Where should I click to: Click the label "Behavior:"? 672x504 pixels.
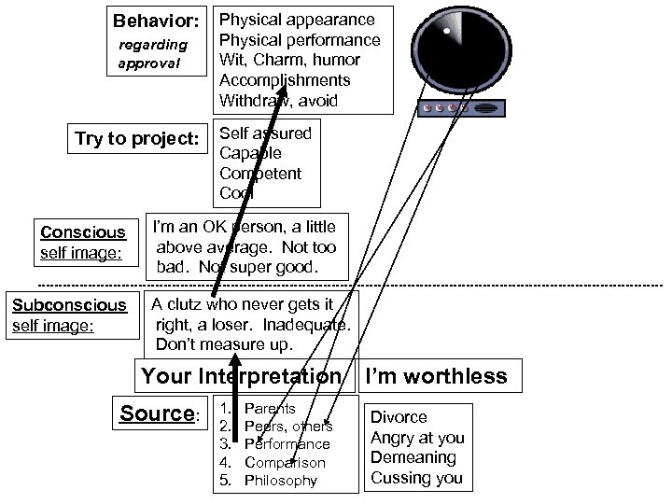pos(156,21)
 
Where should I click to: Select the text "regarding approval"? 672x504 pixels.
pos(153,54)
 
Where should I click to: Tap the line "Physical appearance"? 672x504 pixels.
pos(296,20)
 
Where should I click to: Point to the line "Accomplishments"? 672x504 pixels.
pos(285,80)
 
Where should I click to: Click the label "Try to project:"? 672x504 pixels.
pos(137,140)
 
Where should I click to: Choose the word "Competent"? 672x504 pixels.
pos(260,174)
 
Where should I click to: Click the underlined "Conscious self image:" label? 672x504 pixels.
pos(82,242)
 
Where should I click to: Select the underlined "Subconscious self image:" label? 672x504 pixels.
pos(69,315)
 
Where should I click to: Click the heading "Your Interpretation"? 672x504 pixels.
pos(241,376)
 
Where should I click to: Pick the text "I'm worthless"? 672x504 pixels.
pos(436,376)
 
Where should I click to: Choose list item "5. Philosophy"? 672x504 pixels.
pos(269,481)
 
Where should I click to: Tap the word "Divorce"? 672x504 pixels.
pos(399,417)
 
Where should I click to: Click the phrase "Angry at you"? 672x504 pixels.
pos(417,438)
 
